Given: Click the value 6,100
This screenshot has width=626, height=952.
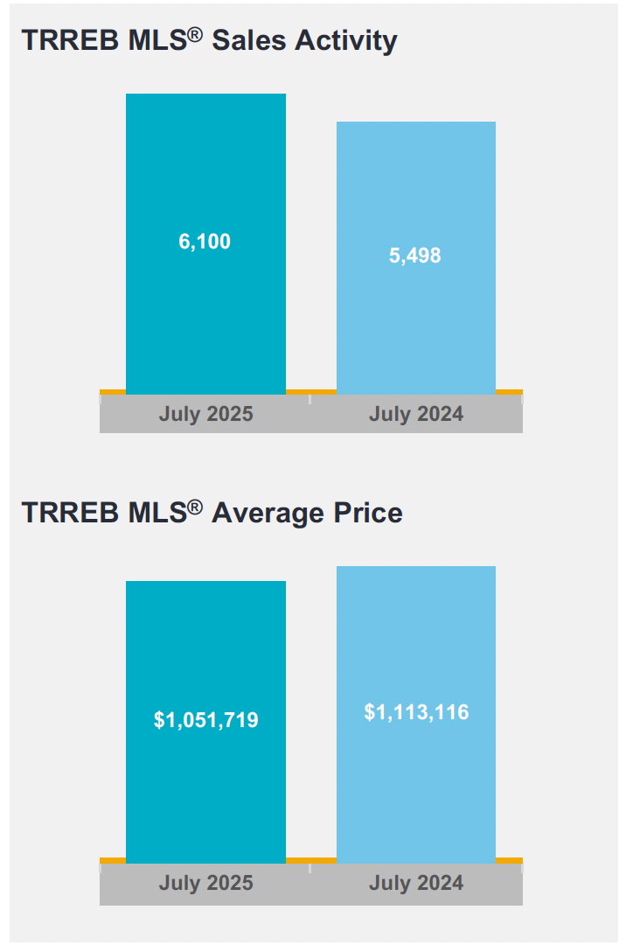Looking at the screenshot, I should (x=205, y=241).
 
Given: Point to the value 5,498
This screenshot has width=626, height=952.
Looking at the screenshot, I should (x=415, y=255).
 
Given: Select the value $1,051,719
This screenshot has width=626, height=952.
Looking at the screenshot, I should (x=205, y=720).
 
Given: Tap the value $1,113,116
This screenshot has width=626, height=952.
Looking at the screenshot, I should (x=416, y=712).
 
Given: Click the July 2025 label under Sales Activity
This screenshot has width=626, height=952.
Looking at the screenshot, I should (x=205, y=414).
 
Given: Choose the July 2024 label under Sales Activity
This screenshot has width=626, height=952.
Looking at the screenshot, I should (x=416, y=414).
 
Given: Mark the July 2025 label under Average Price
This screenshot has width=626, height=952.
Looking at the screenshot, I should (x=205, y=883).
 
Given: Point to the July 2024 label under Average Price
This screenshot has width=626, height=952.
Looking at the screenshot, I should (x=416, y=883).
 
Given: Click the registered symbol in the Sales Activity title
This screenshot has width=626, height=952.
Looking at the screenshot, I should (x=196, y=35).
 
